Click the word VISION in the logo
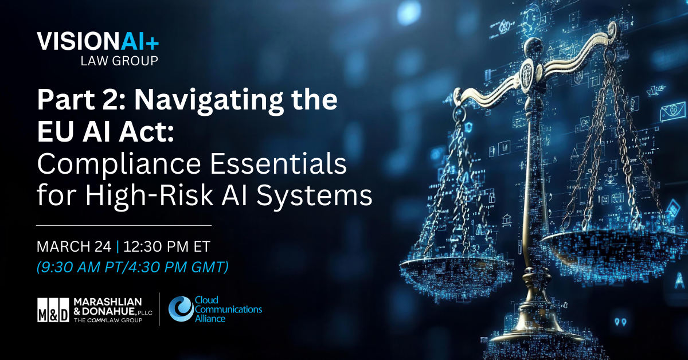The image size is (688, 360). (70, 41)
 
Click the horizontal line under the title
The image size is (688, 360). (123, 225)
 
